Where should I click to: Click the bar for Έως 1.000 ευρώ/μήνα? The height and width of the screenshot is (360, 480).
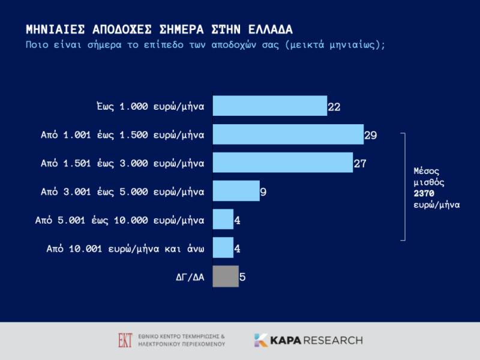click(270, 106)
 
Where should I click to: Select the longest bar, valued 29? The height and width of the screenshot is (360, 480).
click(288, 134)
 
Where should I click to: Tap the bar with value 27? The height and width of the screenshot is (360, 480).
click(283, 163)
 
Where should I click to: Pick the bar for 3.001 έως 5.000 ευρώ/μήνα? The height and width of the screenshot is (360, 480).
click(236, 191)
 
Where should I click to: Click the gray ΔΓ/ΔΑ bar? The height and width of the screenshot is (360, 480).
click(226, 277)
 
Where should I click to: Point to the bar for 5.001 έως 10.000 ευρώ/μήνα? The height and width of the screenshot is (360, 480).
click(223, 220)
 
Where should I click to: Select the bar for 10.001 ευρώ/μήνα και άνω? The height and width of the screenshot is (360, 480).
click(223, 248)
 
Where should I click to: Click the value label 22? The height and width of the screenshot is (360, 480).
click(334, 107)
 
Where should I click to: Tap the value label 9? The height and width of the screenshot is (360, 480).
click(263, 193)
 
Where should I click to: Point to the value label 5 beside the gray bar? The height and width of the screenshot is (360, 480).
click(242, 278)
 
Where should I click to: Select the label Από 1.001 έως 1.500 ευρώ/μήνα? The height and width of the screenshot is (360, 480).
click(122, 135)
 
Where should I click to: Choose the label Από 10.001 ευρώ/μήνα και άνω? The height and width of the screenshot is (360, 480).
click(125, 248)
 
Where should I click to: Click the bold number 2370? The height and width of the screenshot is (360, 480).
click(424, 193)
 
